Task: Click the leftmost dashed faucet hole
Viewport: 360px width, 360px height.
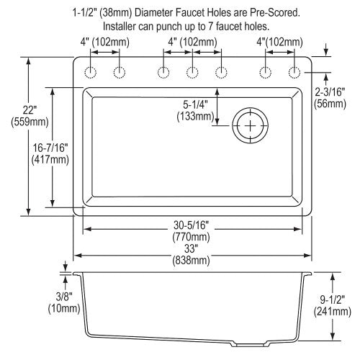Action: pos(91,72)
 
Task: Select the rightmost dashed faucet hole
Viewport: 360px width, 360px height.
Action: pos(294,72)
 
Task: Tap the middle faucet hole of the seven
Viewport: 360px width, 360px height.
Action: pos(192,72)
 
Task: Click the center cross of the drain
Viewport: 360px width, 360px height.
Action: pos(250,125)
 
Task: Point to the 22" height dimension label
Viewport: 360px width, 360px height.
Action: pos(30,110)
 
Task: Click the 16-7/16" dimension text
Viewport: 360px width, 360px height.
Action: pos(50,148)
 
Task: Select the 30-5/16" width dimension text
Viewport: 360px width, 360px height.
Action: pos(192,225)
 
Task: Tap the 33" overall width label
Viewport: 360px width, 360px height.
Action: pos(189,248)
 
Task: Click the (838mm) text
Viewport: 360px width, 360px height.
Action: pos(191,261)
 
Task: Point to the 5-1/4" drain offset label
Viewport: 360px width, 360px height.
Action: pos(195,105)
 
